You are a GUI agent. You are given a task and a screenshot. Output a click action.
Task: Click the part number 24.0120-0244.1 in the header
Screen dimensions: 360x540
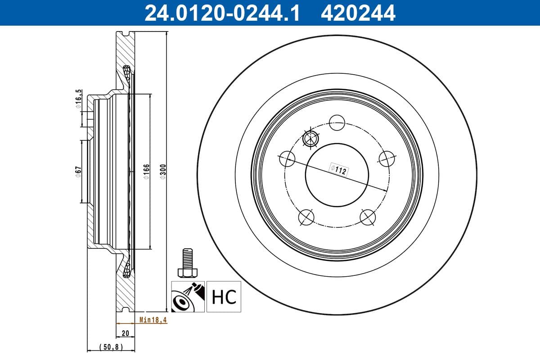tap(221, 13)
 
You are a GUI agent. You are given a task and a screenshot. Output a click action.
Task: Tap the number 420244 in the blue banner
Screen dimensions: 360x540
tap(358, 13)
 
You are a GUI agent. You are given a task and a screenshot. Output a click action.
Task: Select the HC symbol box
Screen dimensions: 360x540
tap(224, 297)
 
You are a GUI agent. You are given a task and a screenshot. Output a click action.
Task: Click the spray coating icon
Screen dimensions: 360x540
tap(188, 297)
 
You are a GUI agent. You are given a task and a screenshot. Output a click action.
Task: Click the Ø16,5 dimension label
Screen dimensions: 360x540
tap(78, 100)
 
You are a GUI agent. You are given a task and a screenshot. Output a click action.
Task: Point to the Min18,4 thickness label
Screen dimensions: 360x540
tap(153, 320)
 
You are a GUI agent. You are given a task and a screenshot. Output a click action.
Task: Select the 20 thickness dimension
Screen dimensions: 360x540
tap(126, 333)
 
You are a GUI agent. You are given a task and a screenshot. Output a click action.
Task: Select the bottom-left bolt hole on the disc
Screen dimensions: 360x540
tap(306, 217)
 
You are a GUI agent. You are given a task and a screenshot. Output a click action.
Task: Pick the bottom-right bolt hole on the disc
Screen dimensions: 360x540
tap(368, 217)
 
